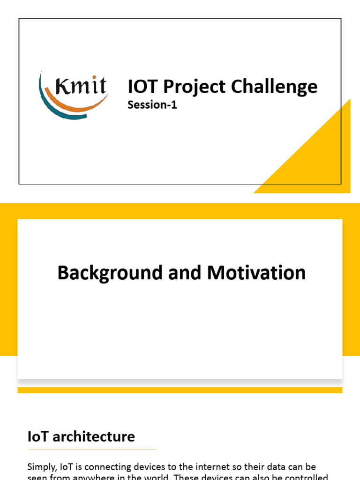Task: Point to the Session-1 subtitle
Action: [152, 105]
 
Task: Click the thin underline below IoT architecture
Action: [92, 450]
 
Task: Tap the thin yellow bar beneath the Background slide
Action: [180, 390]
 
